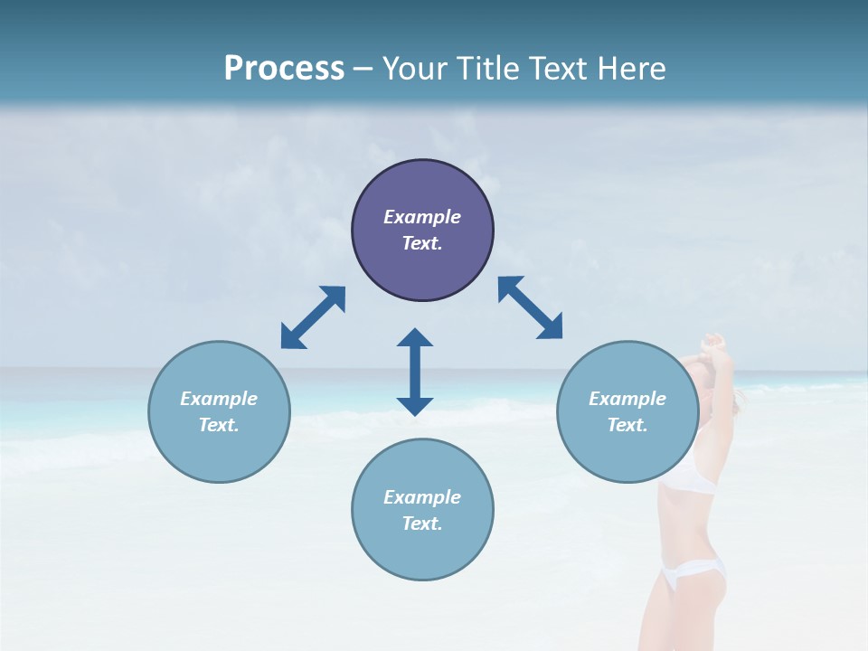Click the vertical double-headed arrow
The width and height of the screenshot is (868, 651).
click(415, 372)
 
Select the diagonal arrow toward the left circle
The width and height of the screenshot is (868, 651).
click(313, 317)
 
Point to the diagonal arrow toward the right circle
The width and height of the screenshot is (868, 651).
click(530, 308)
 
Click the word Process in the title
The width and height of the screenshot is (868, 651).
click(284, 68)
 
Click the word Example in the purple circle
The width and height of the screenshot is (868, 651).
click(422, 217)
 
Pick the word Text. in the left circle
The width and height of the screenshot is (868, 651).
click(219, 425)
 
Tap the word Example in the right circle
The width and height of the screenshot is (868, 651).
click(627, 399)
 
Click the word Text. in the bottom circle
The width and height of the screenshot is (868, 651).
click(422, 524)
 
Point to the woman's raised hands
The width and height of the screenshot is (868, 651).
click(714, 344)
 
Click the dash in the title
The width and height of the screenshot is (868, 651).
click(363, 69)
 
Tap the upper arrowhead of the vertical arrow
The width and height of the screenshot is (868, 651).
click(415, 338)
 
